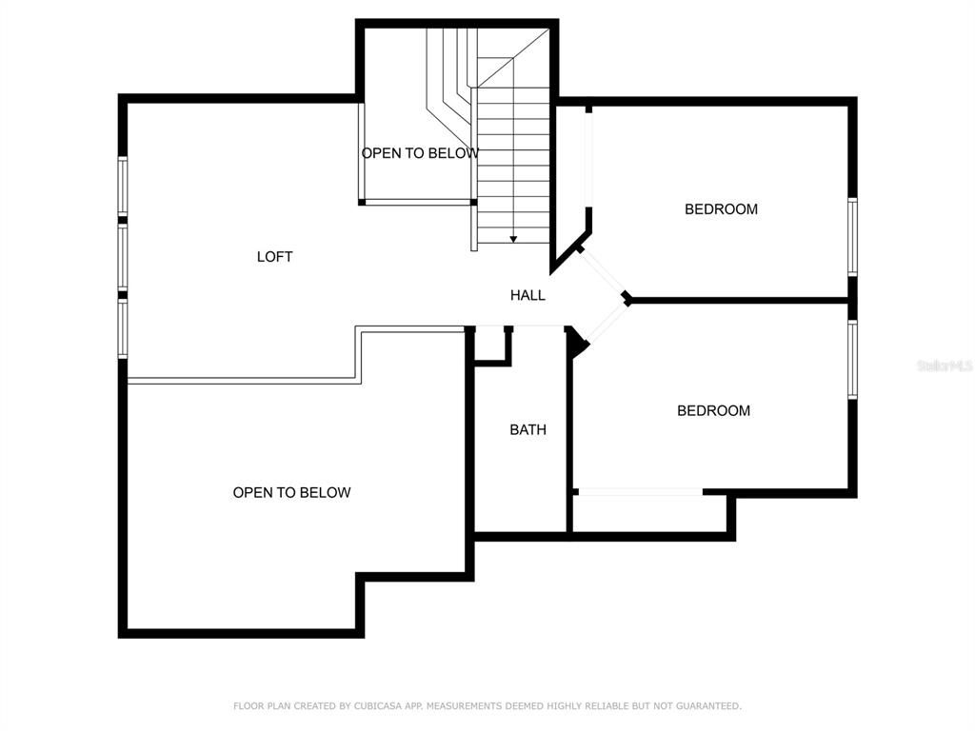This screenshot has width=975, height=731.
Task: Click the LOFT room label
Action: tap(274, 257)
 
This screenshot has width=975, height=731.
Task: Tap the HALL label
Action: tap(527, 296)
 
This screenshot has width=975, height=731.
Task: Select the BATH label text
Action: tap(527, 430)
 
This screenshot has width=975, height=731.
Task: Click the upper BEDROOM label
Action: tap(721, 209)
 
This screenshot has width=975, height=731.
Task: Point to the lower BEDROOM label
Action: tap(713, 411)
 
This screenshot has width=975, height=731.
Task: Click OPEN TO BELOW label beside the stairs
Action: tap(419, 153)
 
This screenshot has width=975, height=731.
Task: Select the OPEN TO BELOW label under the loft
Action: tap(291, 493)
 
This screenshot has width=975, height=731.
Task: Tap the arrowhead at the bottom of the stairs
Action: tap(513, 239)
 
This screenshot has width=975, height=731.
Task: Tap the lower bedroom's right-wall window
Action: tap(852, 359)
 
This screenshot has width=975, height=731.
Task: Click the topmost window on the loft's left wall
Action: tap(123, 186)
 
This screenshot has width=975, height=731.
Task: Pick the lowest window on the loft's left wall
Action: tap(123, 329)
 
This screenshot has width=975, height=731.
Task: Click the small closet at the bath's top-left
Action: tap(490, 345)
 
